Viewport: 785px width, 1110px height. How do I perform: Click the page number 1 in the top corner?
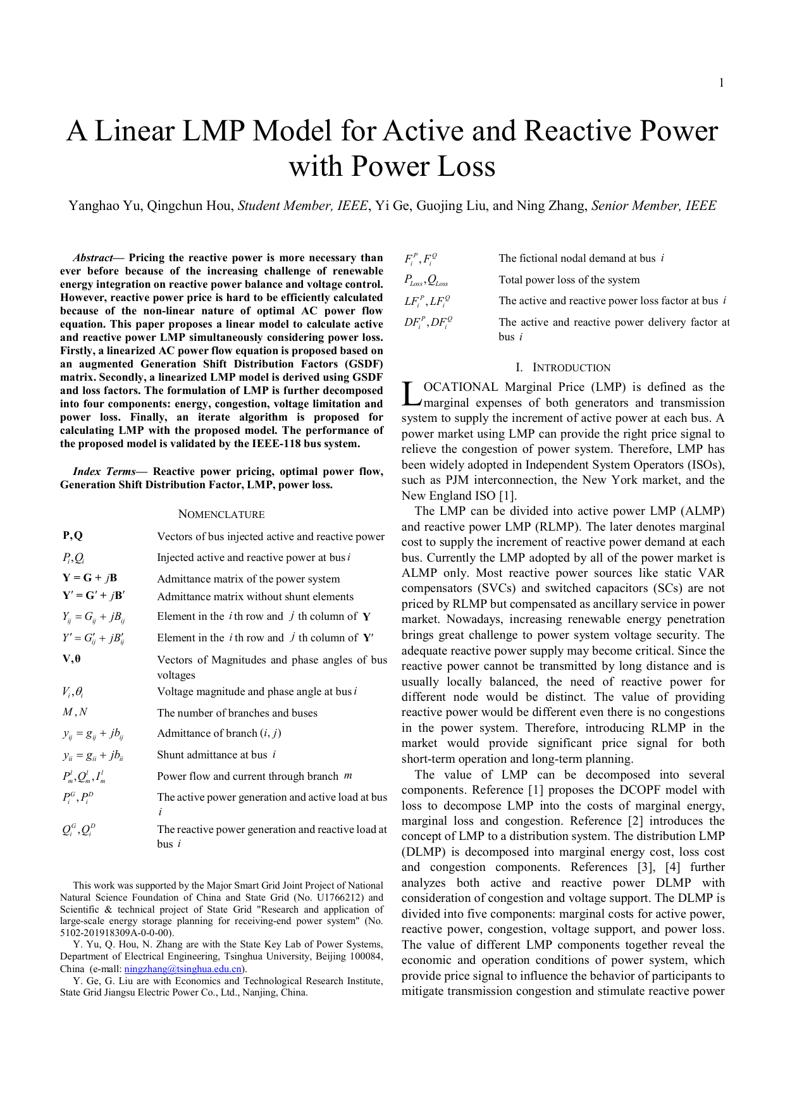[721, 83]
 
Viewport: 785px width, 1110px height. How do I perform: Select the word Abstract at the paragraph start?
[93, 257]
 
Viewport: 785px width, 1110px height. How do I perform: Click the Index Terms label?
[104, 471]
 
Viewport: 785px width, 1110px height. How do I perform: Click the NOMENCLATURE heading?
[221, 514]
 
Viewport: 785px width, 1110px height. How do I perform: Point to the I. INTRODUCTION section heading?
[562, 367]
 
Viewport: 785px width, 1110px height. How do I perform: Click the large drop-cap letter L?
[411, 394]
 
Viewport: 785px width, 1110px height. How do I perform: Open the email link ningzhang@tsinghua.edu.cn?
[183, 968]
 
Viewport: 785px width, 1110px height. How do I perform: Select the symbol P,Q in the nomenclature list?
[73, 536]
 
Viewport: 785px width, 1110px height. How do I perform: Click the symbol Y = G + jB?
[89, 577]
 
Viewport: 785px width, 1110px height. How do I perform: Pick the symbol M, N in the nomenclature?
[75, 712]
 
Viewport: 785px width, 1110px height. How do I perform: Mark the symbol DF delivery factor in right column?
[428, 323]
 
